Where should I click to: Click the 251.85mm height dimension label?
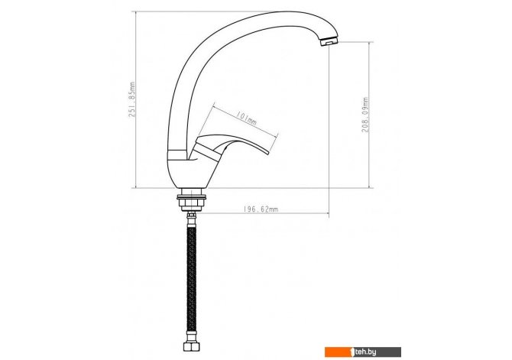point(132,99)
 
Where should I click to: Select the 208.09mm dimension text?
point(365,115)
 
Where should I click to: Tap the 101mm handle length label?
point(247,119)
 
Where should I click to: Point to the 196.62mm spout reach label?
point(261,209)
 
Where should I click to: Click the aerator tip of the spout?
point(329,41)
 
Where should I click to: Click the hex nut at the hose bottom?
point(191,346)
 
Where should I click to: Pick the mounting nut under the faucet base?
point(191,205)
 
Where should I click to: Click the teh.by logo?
point(363,352)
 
